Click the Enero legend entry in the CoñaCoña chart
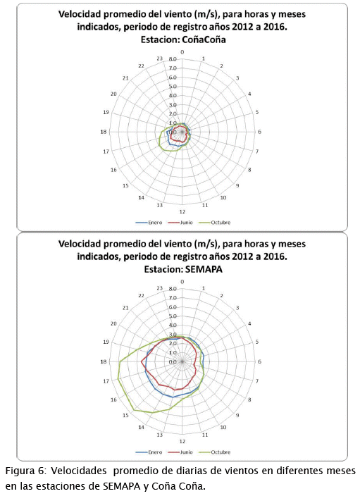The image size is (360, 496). tap(149, 223)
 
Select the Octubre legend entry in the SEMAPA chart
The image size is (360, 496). tap(215, 452)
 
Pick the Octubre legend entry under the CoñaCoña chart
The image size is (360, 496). tap(215, 223)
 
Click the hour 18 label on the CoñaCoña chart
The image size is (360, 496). tap(104, 132)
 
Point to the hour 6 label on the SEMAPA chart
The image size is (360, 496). tap(260, 361)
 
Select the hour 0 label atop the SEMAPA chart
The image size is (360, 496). tap(182, 282)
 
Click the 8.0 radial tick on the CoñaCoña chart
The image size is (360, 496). tap(173, 59)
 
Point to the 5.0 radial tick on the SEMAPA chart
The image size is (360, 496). tap(173, 316)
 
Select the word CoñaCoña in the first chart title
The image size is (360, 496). tap(206, 39)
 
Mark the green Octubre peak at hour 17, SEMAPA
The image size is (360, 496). tap(118, 378)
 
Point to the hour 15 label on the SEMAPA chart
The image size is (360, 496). tap(125, 415)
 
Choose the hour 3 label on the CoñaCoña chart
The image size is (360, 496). tap(237, 78)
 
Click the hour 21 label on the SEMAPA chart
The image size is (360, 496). tap(125, 308)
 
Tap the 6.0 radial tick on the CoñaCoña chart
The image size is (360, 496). tap(173, 77)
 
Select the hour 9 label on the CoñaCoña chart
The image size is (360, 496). tap(237, 185)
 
